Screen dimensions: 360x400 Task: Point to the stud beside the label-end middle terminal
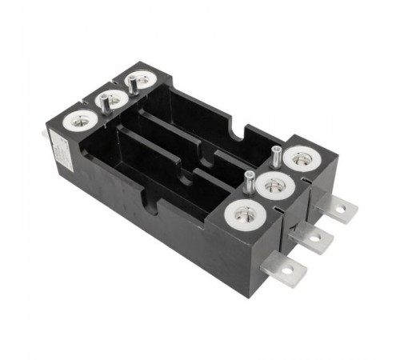click(x=103, y=102)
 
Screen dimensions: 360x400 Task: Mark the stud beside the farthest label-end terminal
click(x=130, y=83)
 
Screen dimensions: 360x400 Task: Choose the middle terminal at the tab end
click(x=274, y=186)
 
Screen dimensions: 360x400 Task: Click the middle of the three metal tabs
click(x=314, y=238)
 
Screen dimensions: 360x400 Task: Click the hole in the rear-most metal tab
click(x=341, y=209)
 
